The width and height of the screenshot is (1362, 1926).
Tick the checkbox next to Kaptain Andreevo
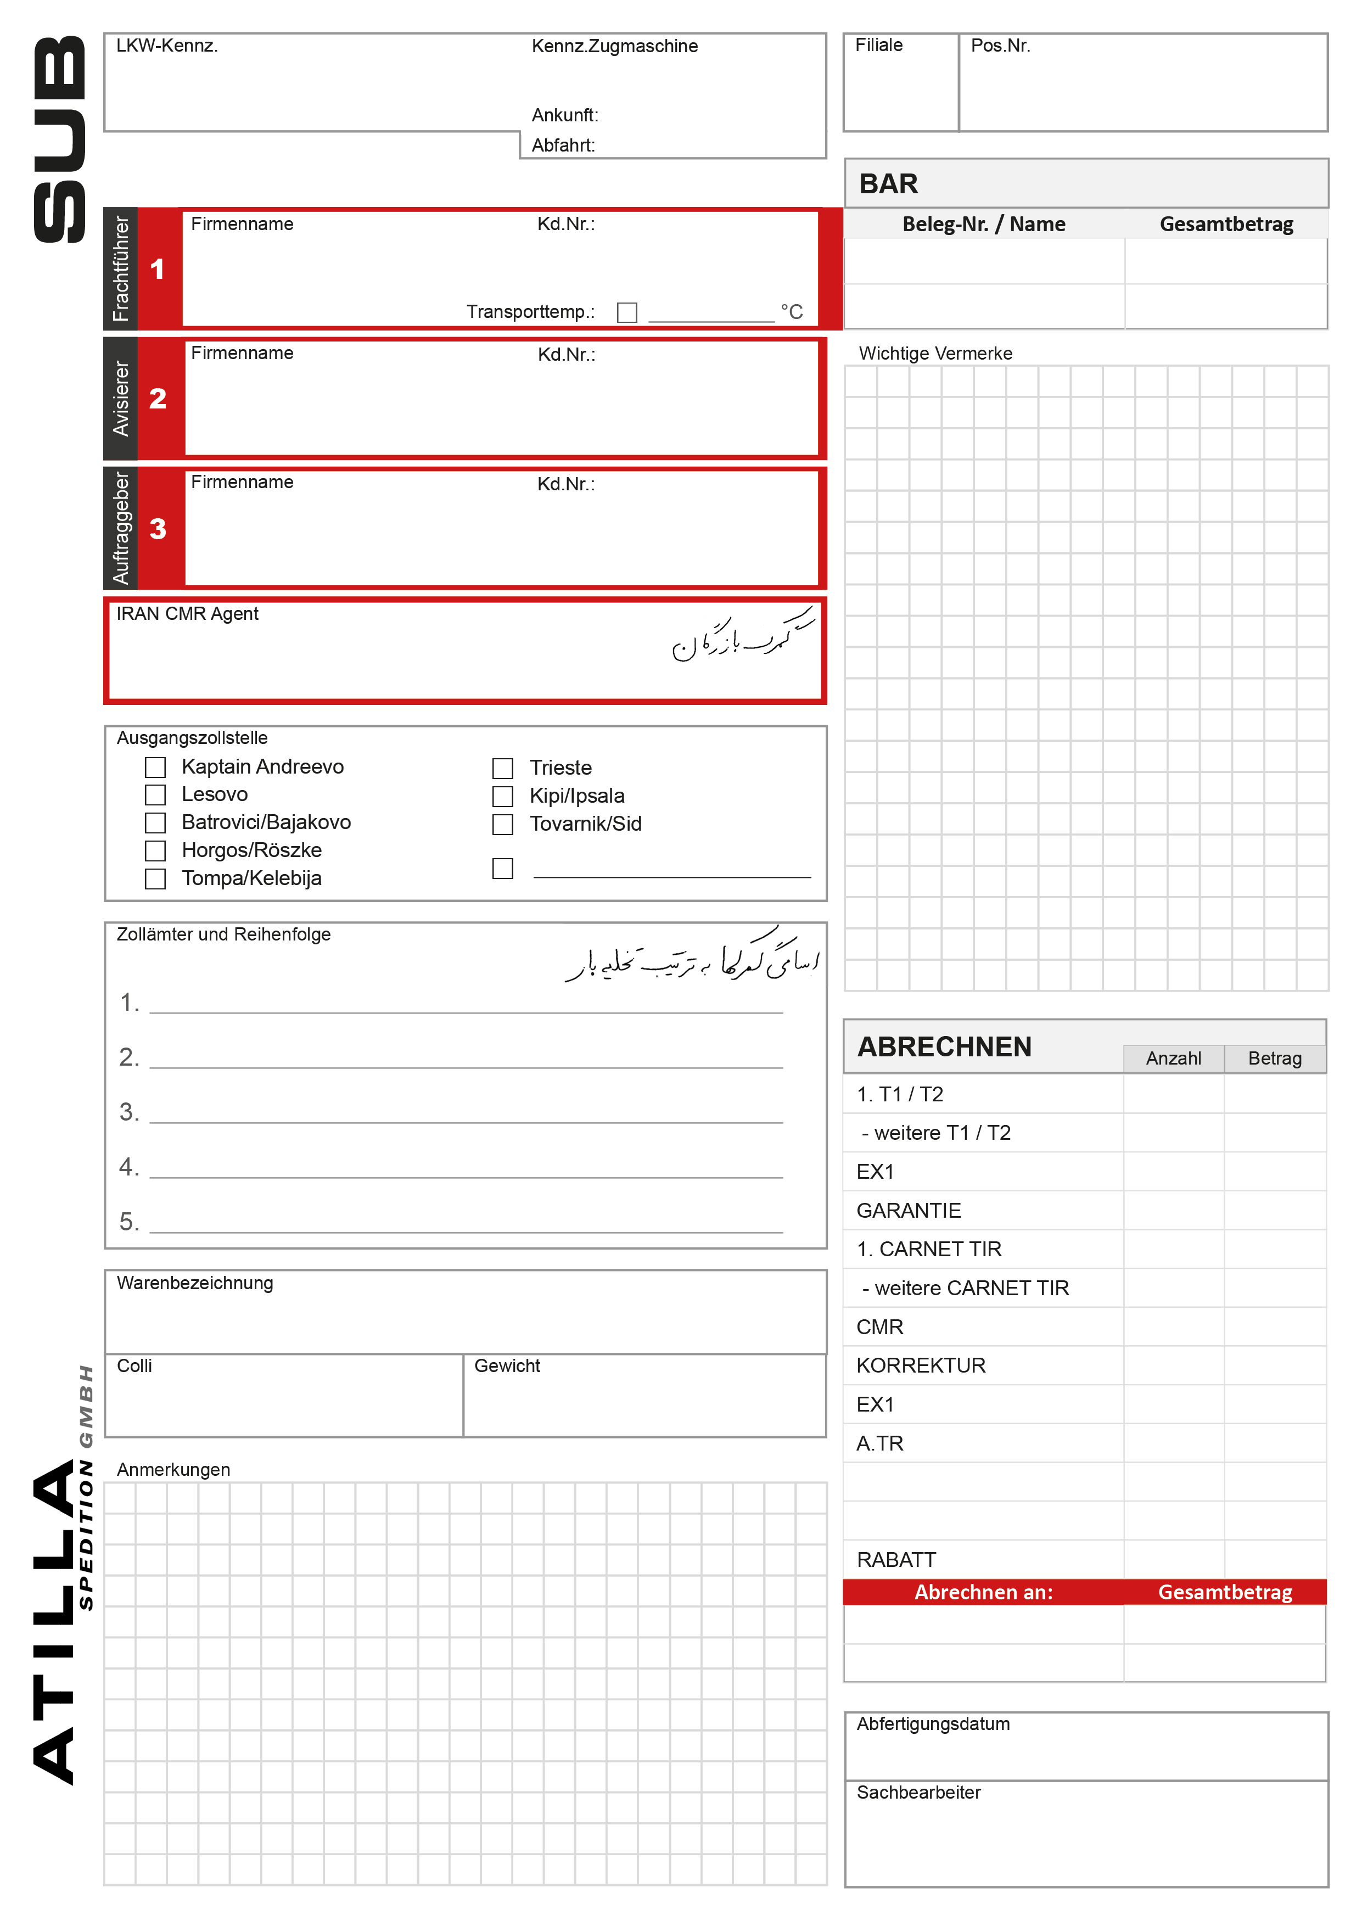155,768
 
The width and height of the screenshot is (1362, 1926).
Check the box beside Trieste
502,769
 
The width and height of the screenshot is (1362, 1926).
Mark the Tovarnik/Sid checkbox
502,825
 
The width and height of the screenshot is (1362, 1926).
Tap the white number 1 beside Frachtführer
158,269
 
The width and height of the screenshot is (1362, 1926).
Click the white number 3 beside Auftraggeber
158,529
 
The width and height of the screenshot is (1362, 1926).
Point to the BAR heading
888,184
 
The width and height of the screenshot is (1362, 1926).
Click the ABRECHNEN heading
944,1047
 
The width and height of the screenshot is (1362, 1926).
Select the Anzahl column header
1173,1059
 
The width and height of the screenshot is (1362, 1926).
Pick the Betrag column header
1275,1059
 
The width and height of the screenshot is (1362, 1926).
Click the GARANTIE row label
909,1211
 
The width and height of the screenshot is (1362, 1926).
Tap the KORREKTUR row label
921,1365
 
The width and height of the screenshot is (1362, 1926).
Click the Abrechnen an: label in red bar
983,1592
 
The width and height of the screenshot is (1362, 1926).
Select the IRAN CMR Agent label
187,614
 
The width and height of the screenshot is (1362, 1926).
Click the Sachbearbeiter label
918,1793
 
